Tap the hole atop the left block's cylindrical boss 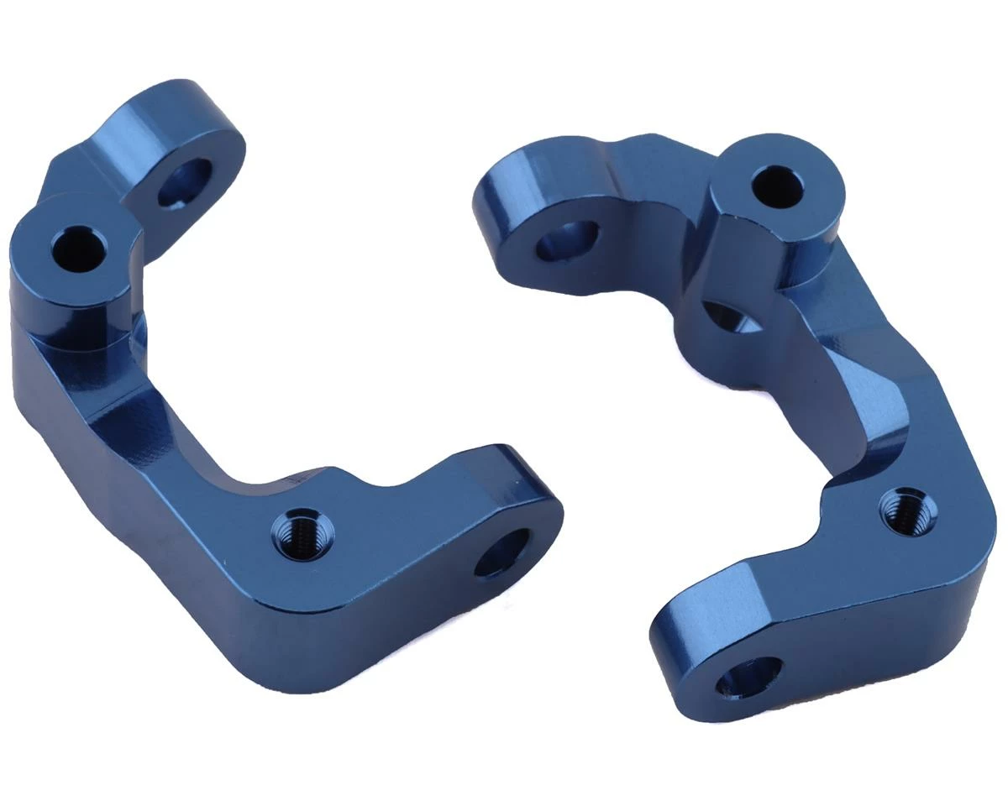click(x=79, y=248)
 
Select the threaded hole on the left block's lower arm click(x=302, y=532)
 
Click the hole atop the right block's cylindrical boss click(x=777, y=186)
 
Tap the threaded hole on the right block click(x=908, y=511)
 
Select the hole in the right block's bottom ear click(x=748, y=677)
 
